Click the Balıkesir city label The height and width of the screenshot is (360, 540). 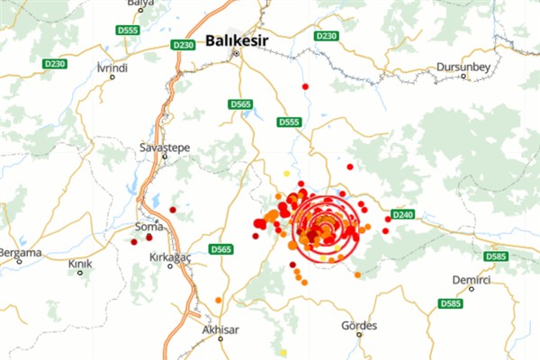(238, 40)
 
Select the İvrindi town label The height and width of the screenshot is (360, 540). (112, 67)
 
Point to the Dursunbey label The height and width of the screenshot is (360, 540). (461, 67)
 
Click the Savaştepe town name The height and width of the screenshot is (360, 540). (162, 146)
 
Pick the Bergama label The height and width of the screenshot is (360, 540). (21, 253)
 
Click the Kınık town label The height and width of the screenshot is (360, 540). (81, 264)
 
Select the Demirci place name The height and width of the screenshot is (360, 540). (471, 280)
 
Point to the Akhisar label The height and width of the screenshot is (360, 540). (220, 329)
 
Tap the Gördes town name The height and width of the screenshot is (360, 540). (360, 325)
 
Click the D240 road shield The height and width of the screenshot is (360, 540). (403, 215)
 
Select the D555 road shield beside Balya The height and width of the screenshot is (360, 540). (129, 31)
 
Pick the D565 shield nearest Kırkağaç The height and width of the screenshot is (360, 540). (220, 249)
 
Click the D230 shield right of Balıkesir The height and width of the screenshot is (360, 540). (326, 35)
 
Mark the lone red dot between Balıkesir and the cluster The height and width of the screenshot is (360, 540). (306, 86)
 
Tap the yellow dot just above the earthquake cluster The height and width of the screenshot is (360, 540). (287, 174)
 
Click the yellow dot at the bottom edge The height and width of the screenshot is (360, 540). (283, 353)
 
